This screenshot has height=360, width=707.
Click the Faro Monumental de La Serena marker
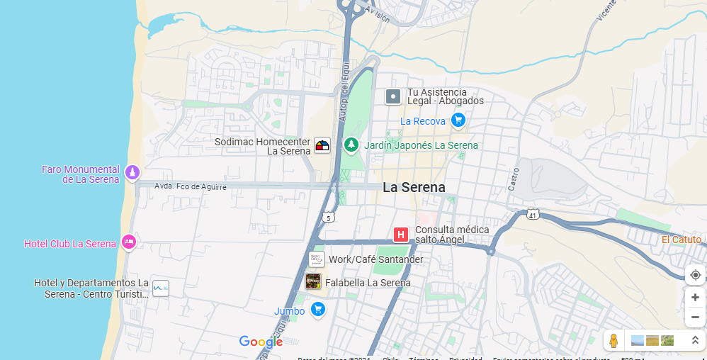tap(132, 172)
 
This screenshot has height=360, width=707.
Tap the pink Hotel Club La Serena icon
tap(128, 242)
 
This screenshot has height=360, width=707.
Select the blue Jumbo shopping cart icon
tap(318, 309)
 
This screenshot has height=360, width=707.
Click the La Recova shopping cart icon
tap(458, 120)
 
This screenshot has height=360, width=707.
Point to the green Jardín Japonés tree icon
tap(351, 145)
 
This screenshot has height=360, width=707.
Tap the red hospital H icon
tap(401, 235)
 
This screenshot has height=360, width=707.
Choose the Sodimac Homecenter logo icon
tap(322, 145)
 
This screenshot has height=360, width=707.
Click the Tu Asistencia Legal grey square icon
tap(393, 96)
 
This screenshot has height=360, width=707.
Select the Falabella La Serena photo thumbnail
tap(313, 281)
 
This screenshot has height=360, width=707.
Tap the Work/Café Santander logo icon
tap(316, 259)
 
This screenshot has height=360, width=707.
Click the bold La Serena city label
tap(414, 188)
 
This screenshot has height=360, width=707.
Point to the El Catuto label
tap(681, 240)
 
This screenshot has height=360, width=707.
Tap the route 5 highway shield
tap(328, 217)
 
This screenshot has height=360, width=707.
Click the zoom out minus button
tap(695, 317)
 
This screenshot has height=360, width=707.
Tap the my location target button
tap(695, 275)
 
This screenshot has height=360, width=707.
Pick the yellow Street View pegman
tap(613, 341)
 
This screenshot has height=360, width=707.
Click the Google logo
tap(261, 342)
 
